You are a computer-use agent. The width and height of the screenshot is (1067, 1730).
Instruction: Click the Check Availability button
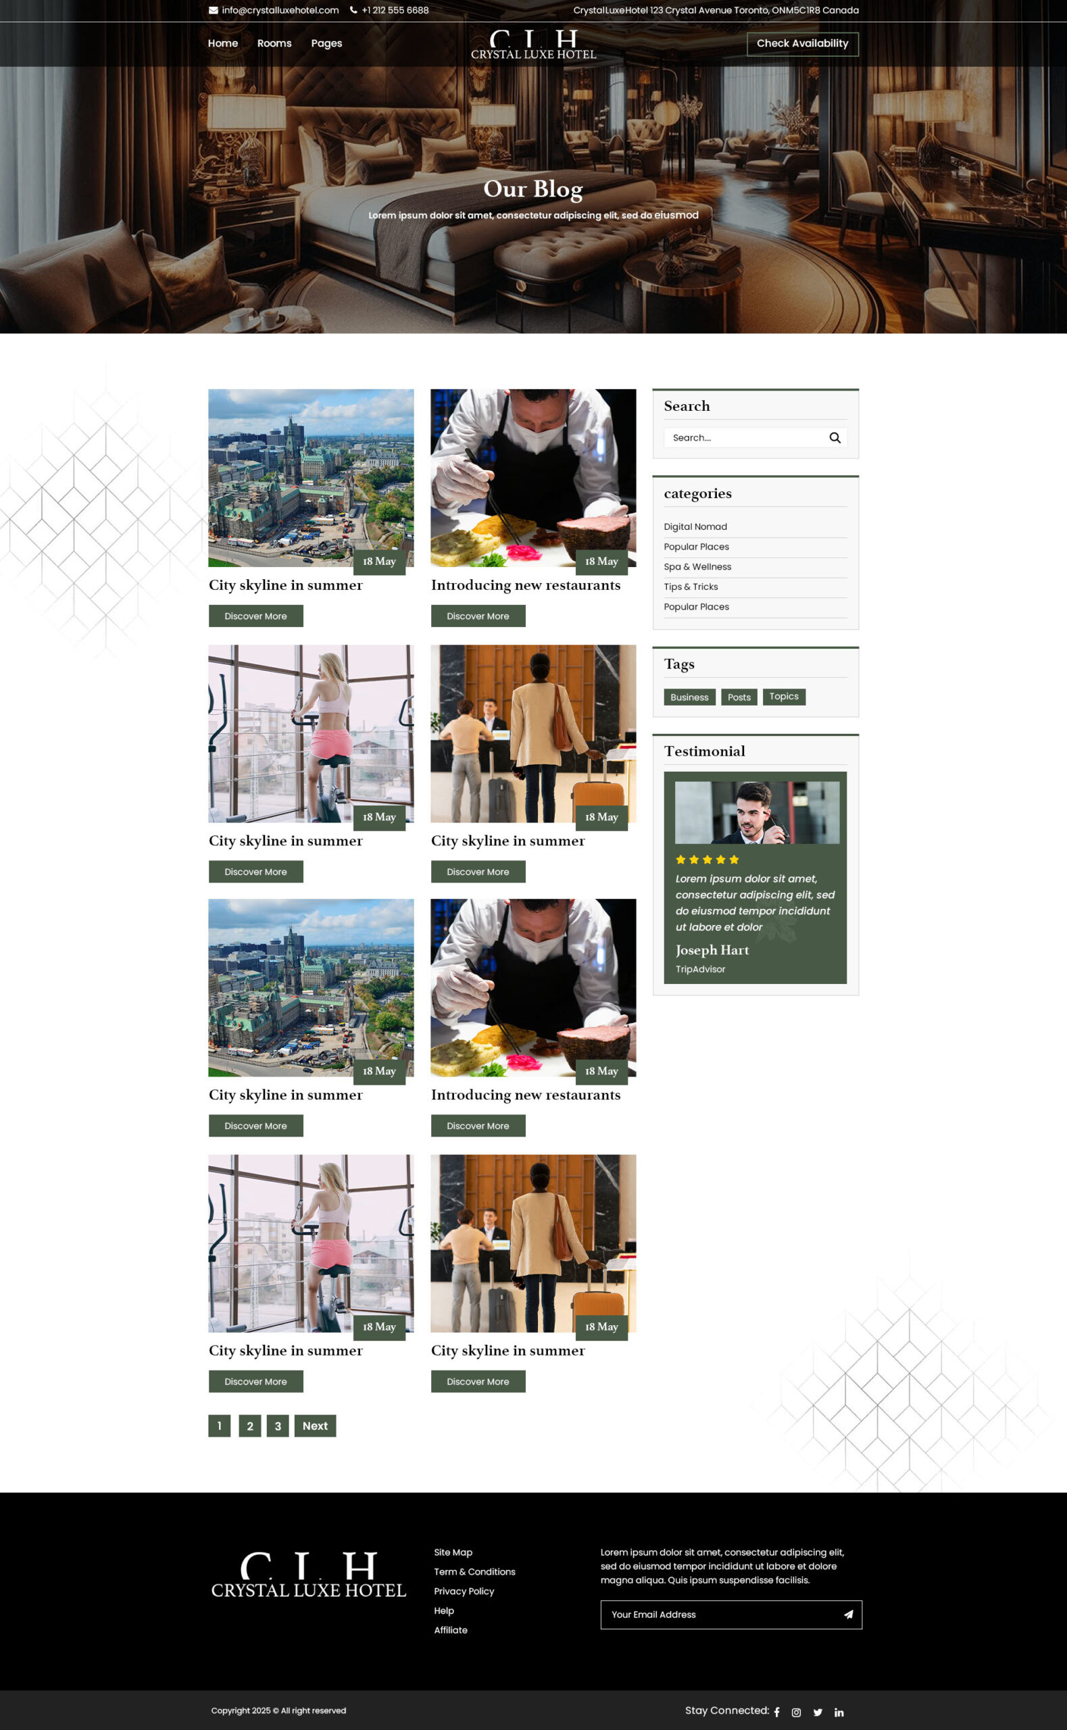(802, 44)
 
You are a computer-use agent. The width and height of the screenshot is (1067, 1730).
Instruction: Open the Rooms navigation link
(274, 44)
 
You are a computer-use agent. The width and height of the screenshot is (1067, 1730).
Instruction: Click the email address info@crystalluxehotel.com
(280, 11)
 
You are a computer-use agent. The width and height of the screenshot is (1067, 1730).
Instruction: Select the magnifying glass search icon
(835, 438)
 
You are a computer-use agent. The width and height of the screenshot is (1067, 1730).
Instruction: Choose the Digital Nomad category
(695, 527)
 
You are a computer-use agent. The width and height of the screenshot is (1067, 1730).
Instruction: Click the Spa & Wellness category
(697, 567)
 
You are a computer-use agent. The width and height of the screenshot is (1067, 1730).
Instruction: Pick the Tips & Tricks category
(691, 587)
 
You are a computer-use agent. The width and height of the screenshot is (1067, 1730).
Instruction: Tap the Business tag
(689, 697)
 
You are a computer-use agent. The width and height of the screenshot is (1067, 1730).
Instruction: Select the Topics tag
(784, 696)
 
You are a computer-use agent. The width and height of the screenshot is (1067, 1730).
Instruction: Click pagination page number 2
(250, 1426)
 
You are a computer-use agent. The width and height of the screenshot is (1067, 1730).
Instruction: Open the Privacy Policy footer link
(464, 1591)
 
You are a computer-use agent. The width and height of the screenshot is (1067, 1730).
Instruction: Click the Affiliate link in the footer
(450, 1630)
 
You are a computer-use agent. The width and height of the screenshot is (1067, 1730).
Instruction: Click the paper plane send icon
(848, 1614)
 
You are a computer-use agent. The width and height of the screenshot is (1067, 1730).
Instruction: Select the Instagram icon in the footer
(796, 1712)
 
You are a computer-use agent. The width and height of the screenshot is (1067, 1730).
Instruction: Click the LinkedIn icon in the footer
(839, 1712)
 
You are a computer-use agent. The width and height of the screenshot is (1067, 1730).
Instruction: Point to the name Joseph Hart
(712, 950)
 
